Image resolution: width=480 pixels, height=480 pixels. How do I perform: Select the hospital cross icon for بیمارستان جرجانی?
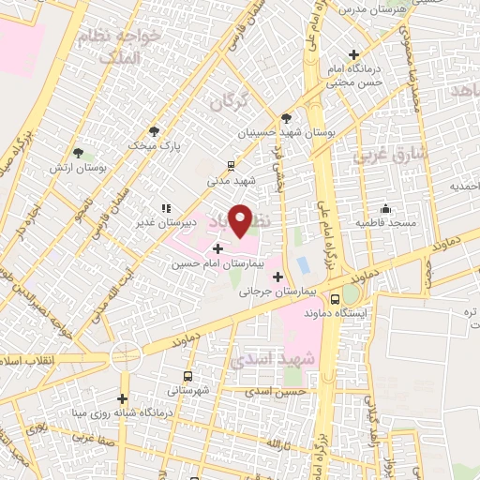click(x=277, y=276)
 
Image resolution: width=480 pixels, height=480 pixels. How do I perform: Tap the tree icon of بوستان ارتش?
click(x=78, y=152)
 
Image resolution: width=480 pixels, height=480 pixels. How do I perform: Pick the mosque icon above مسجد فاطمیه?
click(x=385, y=208)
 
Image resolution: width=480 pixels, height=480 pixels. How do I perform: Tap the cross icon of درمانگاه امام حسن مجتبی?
click(x=353, y=54)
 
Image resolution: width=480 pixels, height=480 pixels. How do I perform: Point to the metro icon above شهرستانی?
click(x=189, y=375)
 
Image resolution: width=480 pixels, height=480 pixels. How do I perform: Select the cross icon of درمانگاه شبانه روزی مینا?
click(x=122, y=397)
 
